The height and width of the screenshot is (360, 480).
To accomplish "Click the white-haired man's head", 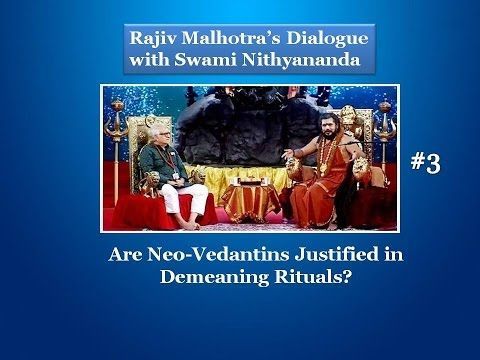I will point(165,133).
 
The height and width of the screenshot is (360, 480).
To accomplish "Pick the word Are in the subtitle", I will point(125,255).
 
